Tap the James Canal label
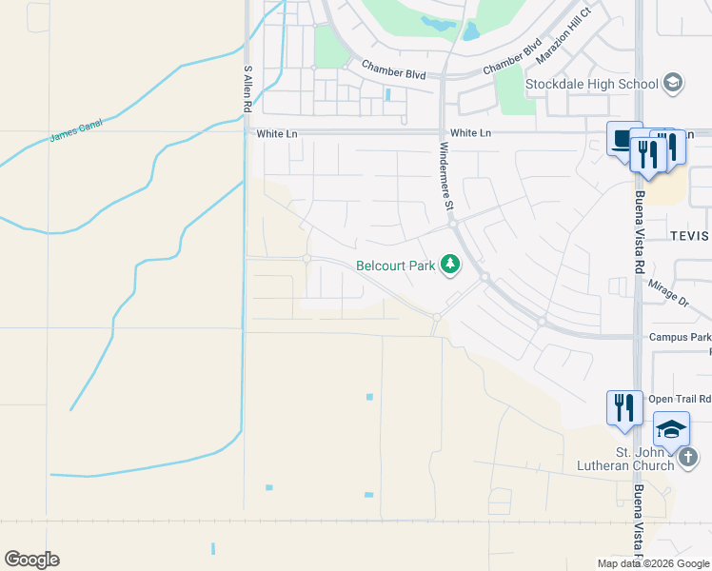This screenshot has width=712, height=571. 76,130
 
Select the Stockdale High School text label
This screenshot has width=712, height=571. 592,84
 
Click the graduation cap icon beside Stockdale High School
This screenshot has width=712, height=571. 673,83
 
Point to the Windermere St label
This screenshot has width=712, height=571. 445,177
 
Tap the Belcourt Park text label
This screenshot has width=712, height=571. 395,266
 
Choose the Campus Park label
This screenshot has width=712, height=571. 680,337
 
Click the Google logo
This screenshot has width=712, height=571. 31,560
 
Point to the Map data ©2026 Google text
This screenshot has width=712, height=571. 653,563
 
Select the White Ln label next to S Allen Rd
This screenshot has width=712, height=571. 277,134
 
